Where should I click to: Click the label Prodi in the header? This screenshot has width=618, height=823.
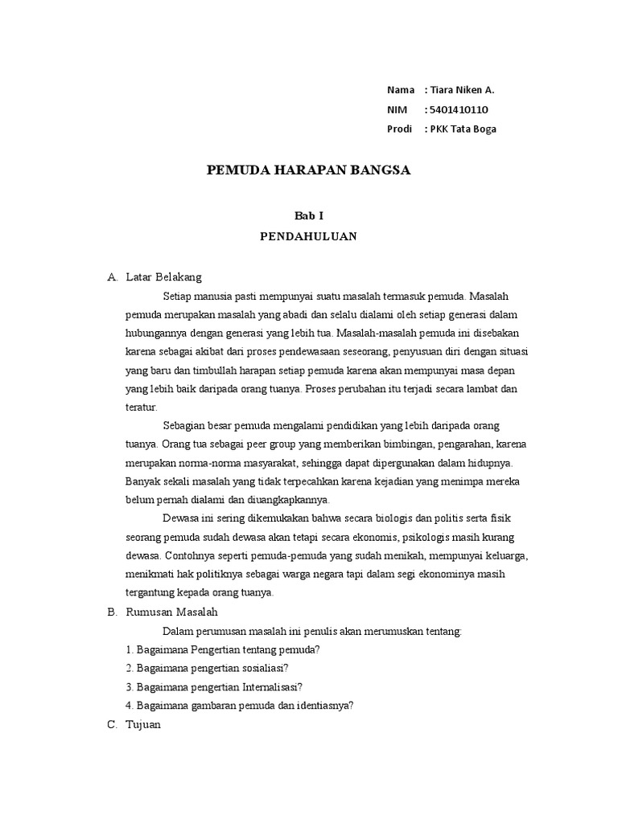399,129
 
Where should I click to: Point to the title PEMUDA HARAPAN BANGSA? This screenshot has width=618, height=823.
309,170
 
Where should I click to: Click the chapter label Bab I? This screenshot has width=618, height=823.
309,215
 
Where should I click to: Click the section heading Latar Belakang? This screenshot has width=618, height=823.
164,277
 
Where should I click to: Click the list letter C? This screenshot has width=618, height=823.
112,725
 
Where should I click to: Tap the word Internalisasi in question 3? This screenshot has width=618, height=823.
270,687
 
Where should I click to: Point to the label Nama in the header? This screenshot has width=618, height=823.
400,90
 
